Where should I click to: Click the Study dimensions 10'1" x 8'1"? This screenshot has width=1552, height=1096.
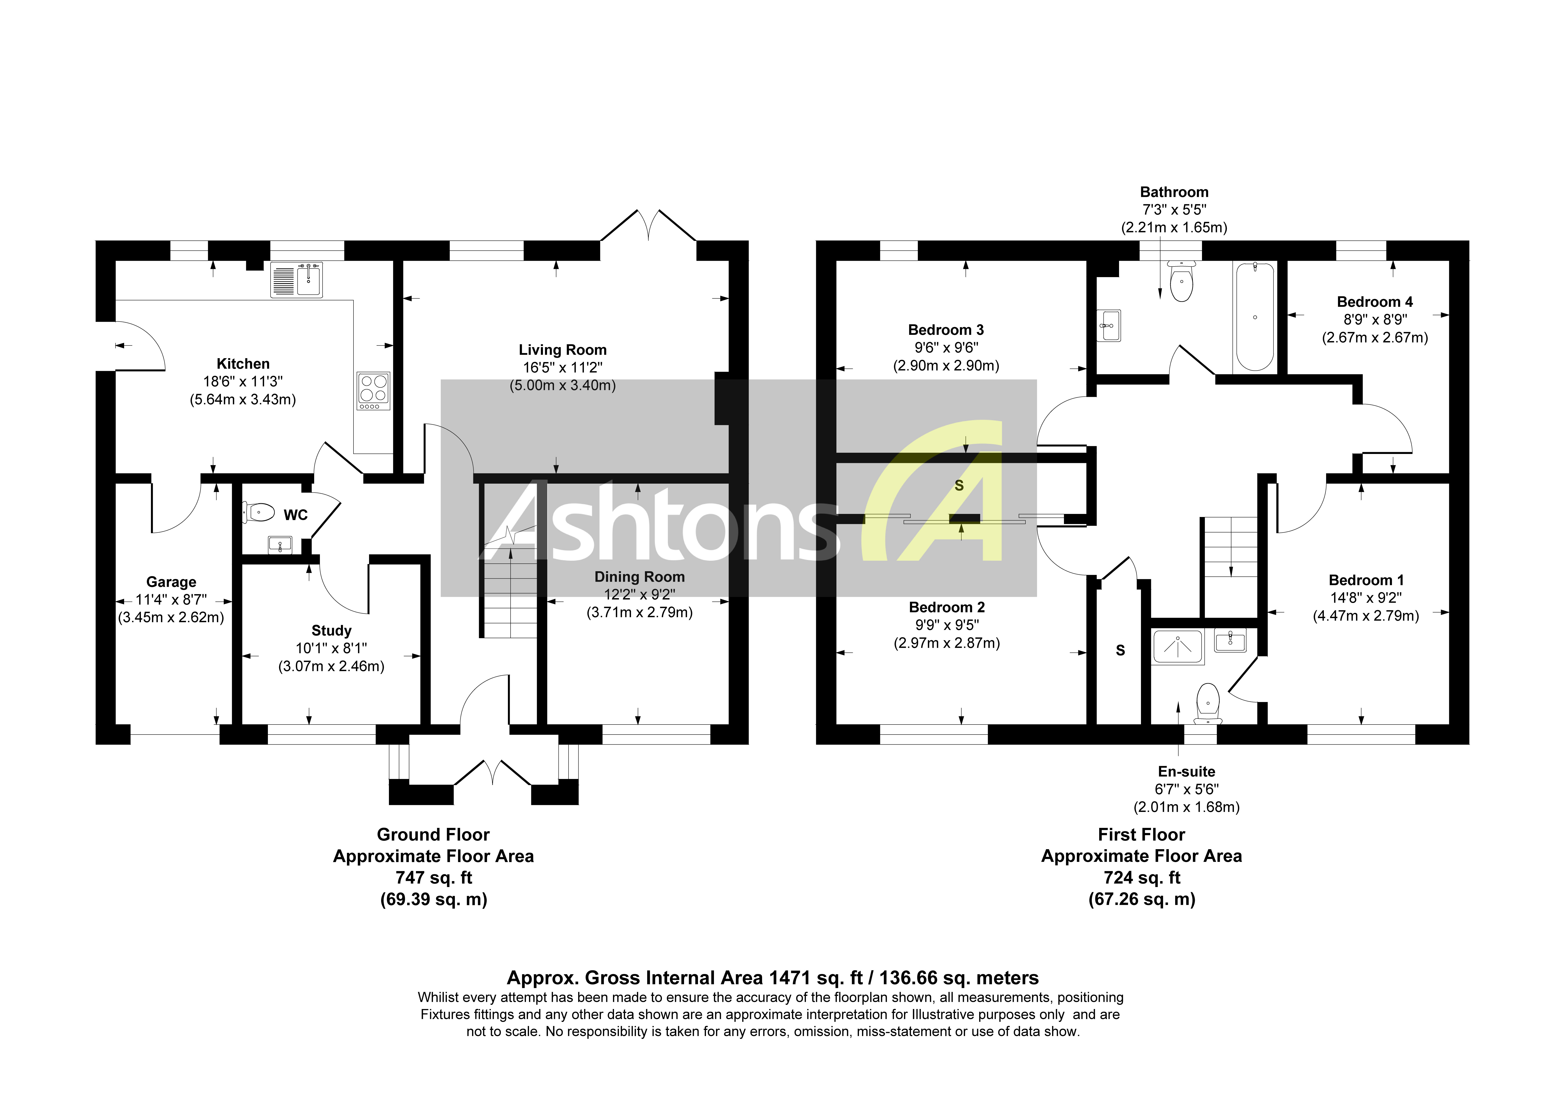click(x=331, y=648)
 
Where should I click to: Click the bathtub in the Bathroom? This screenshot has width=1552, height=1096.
click(x=1255, y=316)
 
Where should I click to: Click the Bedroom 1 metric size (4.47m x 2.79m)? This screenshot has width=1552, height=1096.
click(x=1365, y=616)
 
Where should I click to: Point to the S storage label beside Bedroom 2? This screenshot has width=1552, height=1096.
click(x=1120, y=650)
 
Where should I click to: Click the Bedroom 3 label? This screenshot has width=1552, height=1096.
click(x=946, y=330)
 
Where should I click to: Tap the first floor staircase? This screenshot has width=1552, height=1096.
click(x=1229, y=547)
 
